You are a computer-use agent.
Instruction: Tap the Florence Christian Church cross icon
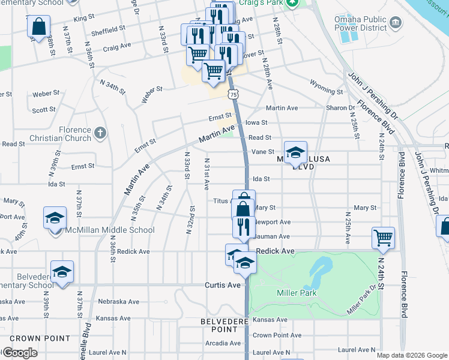point(100,132)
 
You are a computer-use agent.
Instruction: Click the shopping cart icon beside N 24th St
point(383,237)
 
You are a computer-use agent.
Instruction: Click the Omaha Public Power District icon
point(396,22)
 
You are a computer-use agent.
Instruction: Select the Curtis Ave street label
point(223,285)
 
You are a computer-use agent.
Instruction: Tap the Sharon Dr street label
point(340,108)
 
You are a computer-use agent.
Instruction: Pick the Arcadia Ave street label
point(223,343)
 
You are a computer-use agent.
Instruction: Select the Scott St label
point(44,110)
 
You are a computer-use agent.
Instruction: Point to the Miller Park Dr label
point(364,300)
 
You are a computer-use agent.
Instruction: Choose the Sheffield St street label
point(109,28)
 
